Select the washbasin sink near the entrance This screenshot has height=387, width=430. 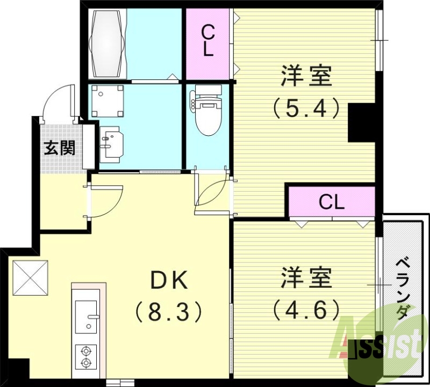coord(111,143)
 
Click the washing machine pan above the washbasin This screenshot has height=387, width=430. coord(107,101)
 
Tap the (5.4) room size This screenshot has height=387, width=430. coord(306,108)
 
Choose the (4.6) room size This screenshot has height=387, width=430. coord(306,309)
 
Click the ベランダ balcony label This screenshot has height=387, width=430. coord(404,288)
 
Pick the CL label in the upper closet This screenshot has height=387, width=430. coord(208,42)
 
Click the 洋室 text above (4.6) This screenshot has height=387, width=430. coord(306,278)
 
